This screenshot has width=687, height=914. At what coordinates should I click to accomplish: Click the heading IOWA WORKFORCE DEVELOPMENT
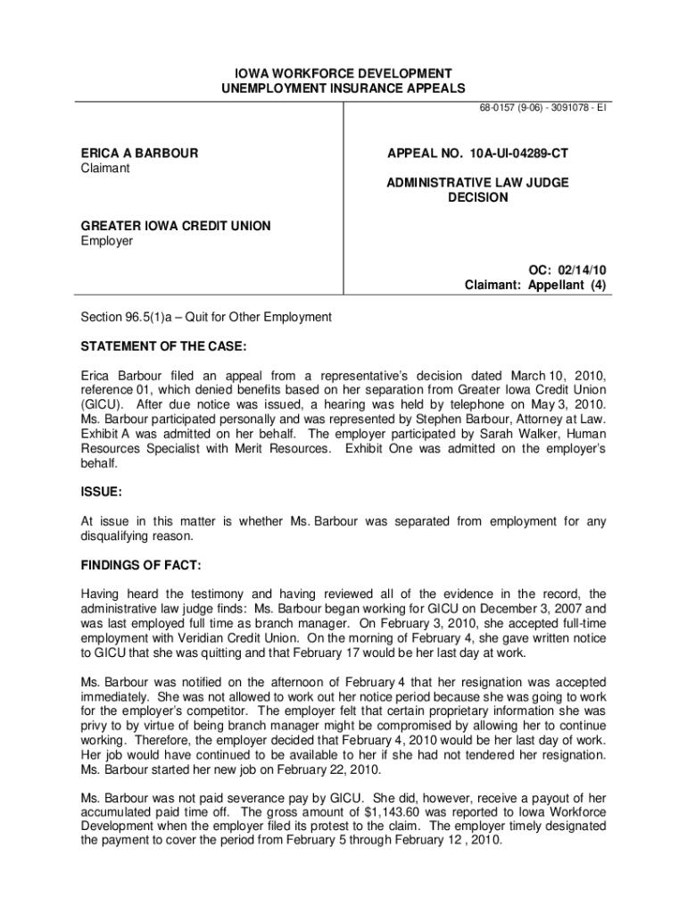pos(343,72)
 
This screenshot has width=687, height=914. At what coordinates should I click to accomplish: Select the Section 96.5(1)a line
pos(206,317)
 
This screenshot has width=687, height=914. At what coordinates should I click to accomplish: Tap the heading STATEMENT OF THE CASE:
pos(164,345)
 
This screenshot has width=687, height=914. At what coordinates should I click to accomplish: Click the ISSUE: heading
pos(102,491)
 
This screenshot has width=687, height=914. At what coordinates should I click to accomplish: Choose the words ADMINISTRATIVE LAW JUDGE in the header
pos(477,183)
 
